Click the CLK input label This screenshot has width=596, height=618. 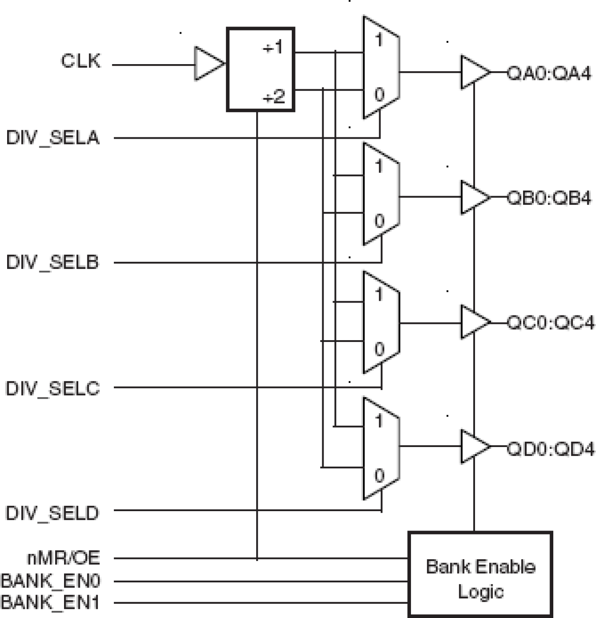tap(81, 61)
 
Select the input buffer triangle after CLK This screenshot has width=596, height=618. tap(208, 63)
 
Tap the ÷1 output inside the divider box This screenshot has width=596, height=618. tap(273, 48)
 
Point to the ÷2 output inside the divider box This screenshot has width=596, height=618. tap(274, 97)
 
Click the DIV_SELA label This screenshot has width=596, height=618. tap(53, 138)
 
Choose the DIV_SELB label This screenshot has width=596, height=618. tap(52, 262)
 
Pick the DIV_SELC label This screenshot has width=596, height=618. tap(52, 388)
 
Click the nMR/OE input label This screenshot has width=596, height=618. tap(64, 558)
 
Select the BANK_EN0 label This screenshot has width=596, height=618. tap(51, 580)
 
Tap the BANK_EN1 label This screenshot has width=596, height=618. tap(50, 602)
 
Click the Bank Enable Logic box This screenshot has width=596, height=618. tap(480, 574)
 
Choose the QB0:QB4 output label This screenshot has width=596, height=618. tap(549, 198)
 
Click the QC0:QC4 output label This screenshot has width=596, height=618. tap(550, 323)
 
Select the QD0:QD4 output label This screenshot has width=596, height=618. tap(550, 448)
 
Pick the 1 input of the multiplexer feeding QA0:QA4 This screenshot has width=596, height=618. tap(378, 40)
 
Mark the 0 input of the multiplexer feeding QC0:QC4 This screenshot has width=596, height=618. tap(379, 349)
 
